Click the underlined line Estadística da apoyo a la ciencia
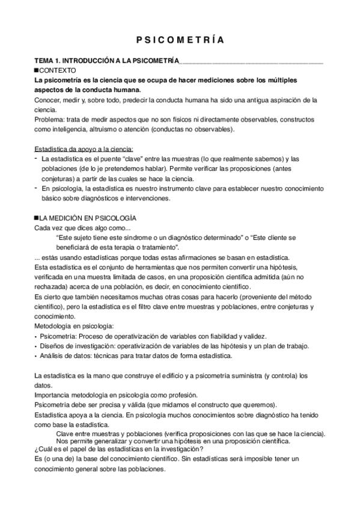(84, 148)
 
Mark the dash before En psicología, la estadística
(36, 188)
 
